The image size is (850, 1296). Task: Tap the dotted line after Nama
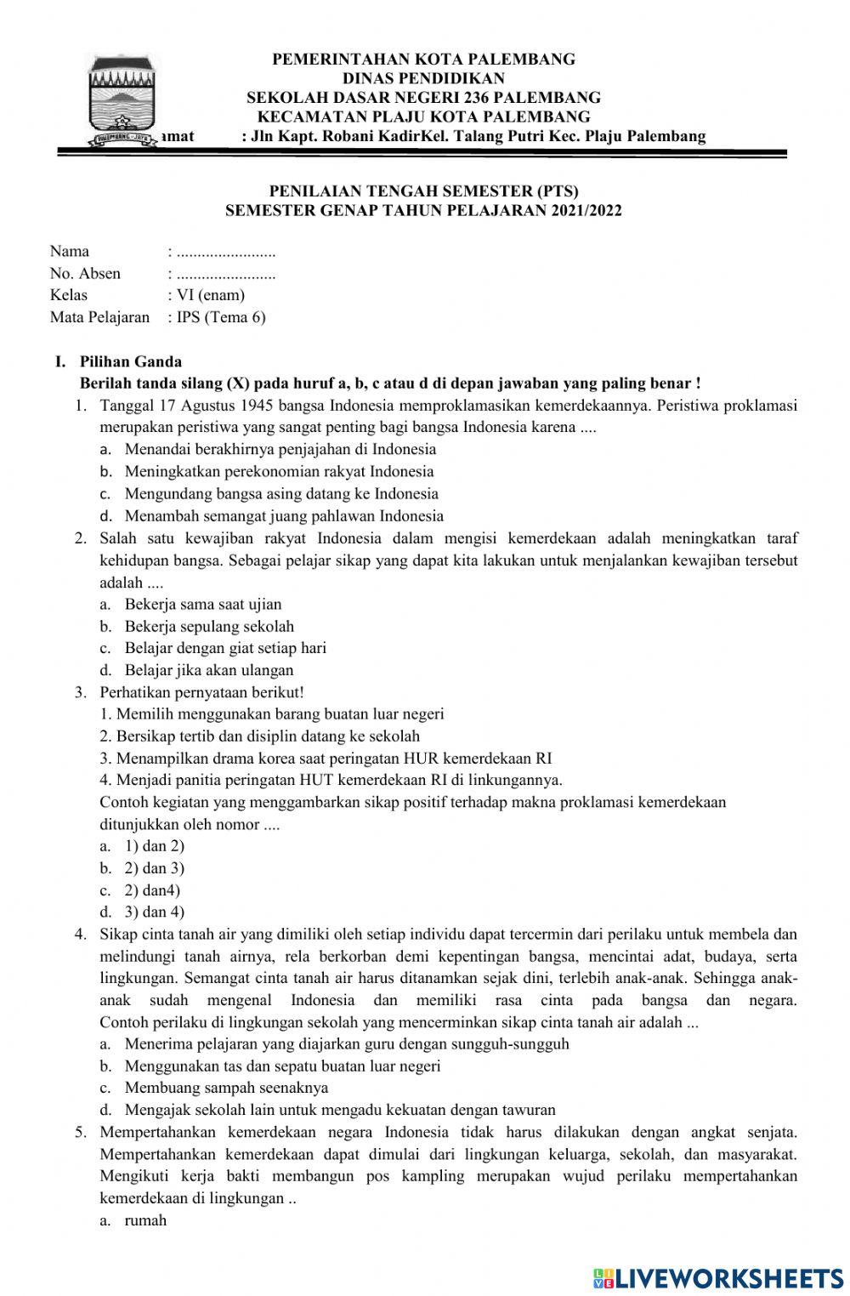225,252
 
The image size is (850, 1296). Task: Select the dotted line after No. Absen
225,274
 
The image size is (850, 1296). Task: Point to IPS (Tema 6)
220,317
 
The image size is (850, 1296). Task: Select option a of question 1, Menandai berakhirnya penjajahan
280,449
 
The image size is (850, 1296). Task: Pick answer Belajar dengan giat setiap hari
225,648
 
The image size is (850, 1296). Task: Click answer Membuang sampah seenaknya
226,1088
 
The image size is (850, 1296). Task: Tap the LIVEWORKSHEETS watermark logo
717,1278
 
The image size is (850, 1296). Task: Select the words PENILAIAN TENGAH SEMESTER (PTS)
423,191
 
